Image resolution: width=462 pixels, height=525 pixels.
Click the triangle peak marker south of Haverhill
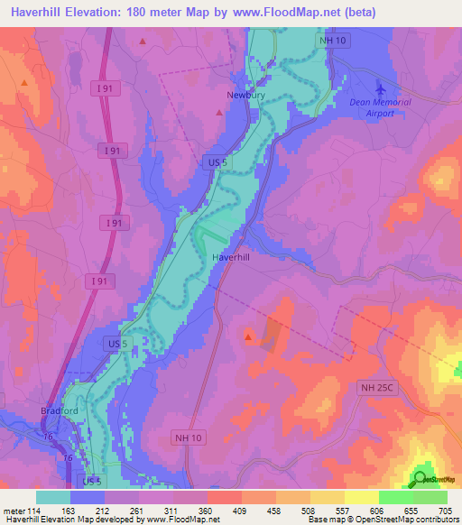pyautogui.click(x=248, y=336)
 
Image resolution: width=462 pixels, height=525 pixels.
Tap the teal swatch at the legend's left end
pyautogui.click(x=53, y=497)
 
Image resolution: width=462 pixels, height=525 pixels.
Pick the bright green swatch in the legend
pyautogui.click(x=395, y=497)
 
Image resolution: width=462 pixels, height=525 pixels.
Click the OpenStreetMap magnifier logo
pyautogui.click(x=420, y=478)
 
